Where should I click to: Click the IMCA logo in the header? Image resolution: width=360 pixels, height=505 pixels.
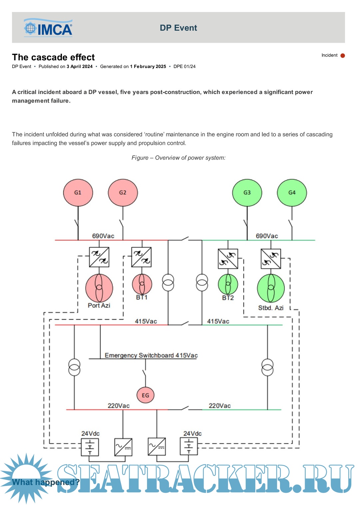[x=48, y=28]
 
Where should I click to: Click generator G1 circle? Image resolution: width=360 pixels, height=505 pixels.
[x=78, y=193]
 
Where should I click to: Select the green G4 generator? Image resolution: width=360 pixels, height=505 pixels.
[x=292, y=193]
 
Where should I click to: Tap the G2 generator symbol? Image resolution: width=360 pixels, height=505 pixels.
[x=123, y=193]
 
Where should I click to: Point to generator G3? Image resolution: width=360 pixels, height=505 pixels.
[x=247, y=193]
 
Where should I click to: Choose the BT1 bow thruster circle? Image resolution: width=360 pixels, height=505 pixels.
[x=142, y=284]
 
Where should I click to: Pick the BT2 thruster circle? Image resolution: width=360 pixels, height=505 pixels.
[x=228, y=284]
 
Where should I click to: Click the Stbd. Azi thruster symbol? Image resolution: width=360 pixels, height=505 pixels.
[x=271, y=288]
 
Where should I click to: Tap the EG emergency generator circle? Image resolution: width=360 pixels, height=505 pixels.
[x=145, y=395]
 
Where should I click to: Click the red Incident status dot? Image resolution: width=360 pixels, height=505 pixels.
[x=343, y=56]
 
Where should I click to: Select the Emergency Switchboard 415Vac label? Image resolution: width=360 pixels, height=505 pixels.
[x=151, y=355]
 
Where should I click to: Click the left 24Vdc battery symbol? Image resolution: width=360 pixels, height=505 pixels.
[x=90, y=447]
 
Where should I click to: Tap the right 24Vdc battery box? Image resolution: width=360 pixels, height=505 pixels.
[x=189, y=446]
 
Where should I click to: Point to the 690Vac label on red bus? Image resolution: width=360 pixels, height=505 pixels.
[x=103, y=236]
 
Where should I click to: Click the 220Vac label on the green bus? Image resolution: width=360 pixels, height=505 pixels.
[x=220, y=406]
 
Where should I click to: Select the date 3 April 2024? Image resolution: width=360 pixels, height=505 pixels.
[x=79, y=66]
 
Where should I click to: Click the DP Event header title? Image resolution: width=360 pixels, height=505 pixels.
[x=178, y=28]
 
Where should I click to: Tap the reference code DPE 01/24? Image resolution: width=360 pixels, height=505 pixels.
[x=184, y=66]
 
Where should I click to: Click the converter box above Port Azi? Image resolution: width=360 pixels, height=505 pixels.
[x=99, y=257]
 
